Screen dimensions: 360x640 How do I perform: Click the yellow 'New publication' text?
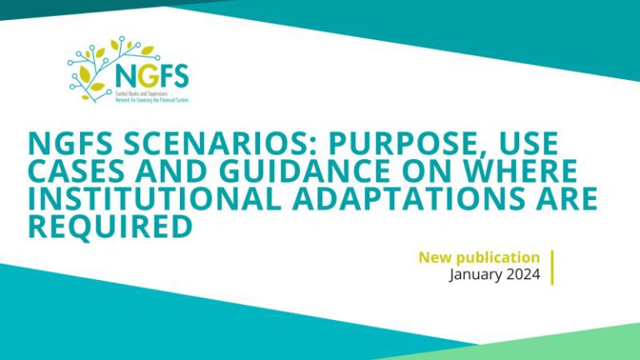coord(478,257)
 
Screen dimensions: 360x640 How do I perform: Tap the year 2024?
coord(525,275)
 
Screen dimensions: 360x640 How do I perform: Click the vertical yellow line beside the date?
coord(552,266)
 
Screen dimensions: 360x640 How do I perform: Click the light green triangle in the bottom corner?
coord(583,346)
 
